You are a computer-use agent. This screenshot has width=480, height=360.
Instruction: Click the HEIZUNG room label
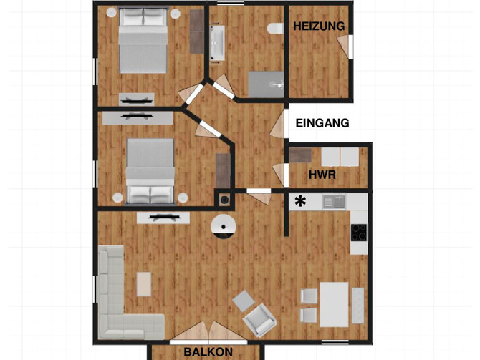point(319,26)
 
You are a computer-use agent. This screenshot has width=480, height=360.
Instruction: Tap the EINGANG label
point(322,123)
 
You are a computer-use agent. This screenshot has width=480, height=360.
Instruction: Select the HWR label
point(323,175)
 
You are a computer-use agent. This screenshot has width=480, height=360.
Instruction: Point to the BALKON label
point(208,352)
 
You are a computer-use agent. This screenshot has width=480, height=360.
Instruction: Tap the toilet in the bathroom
point(273,28)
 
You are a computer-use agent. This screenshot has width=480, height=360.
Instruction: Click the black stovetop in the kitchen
point(359,232)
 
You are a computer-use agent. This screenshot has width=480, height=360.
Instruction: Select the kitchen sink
point(333,201)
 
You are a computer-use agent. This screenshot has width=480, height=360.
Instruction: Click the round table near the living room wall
point(224,227)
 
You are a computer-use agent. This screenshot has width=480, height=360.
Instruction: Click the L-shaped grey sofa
point(125,301)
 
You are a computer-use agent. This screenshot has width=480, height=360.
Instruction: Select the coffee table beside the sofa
point(144,283)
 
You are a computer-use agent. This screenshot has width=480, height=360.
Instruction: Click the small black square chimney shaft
point(224,201)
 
